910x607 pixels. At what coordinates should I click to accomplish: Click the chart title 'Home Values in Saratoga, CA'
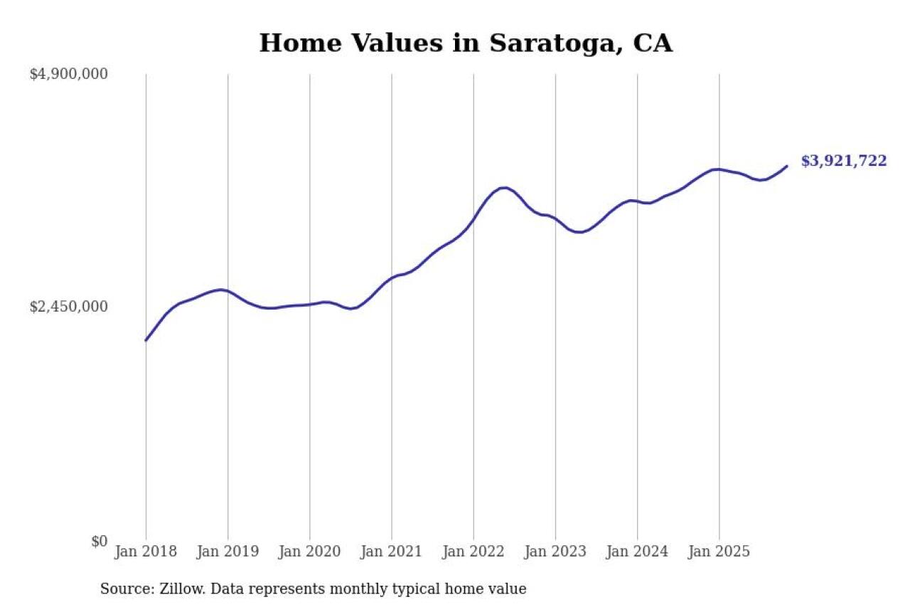pos(466,43)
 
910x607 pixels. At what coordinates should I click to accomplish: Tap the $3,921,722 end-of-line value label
pos(844,161)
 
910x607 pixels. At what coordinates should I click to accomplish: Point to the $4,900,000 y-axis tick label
pos(68,74)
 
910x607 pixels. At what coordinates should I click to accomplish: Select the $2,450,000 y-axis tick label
pos(68,307)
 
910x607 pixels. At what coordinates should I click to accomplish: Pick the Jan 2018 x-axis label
pos(146,551)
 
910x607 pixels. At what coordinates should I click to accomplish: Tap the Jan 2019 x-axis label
pos(227,551)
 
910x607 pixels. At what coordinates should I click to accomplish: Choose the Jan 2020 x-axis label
pos(309,551)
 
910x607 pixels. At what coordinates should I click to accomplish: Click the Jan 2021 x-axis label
pos(391,551)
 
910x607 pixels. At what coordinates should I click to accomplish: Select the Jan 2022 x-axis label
pos(473,551)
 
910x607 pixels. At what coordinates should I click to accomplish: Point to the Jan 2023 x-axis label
pos(555,551)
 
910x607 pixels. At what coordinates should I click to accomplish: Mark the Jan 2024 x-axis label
pos(637,551)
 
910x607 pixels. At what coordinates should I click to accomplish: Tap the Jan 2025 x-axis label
pos(719,551)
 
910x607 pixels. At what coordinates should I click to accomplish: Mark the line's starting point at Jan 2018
pos(146,340)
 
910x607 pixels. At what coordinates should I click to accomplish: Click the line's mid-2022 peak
pos(504,188)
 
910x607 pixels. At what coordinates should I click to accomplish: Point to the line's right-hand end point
pos(786,166)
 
